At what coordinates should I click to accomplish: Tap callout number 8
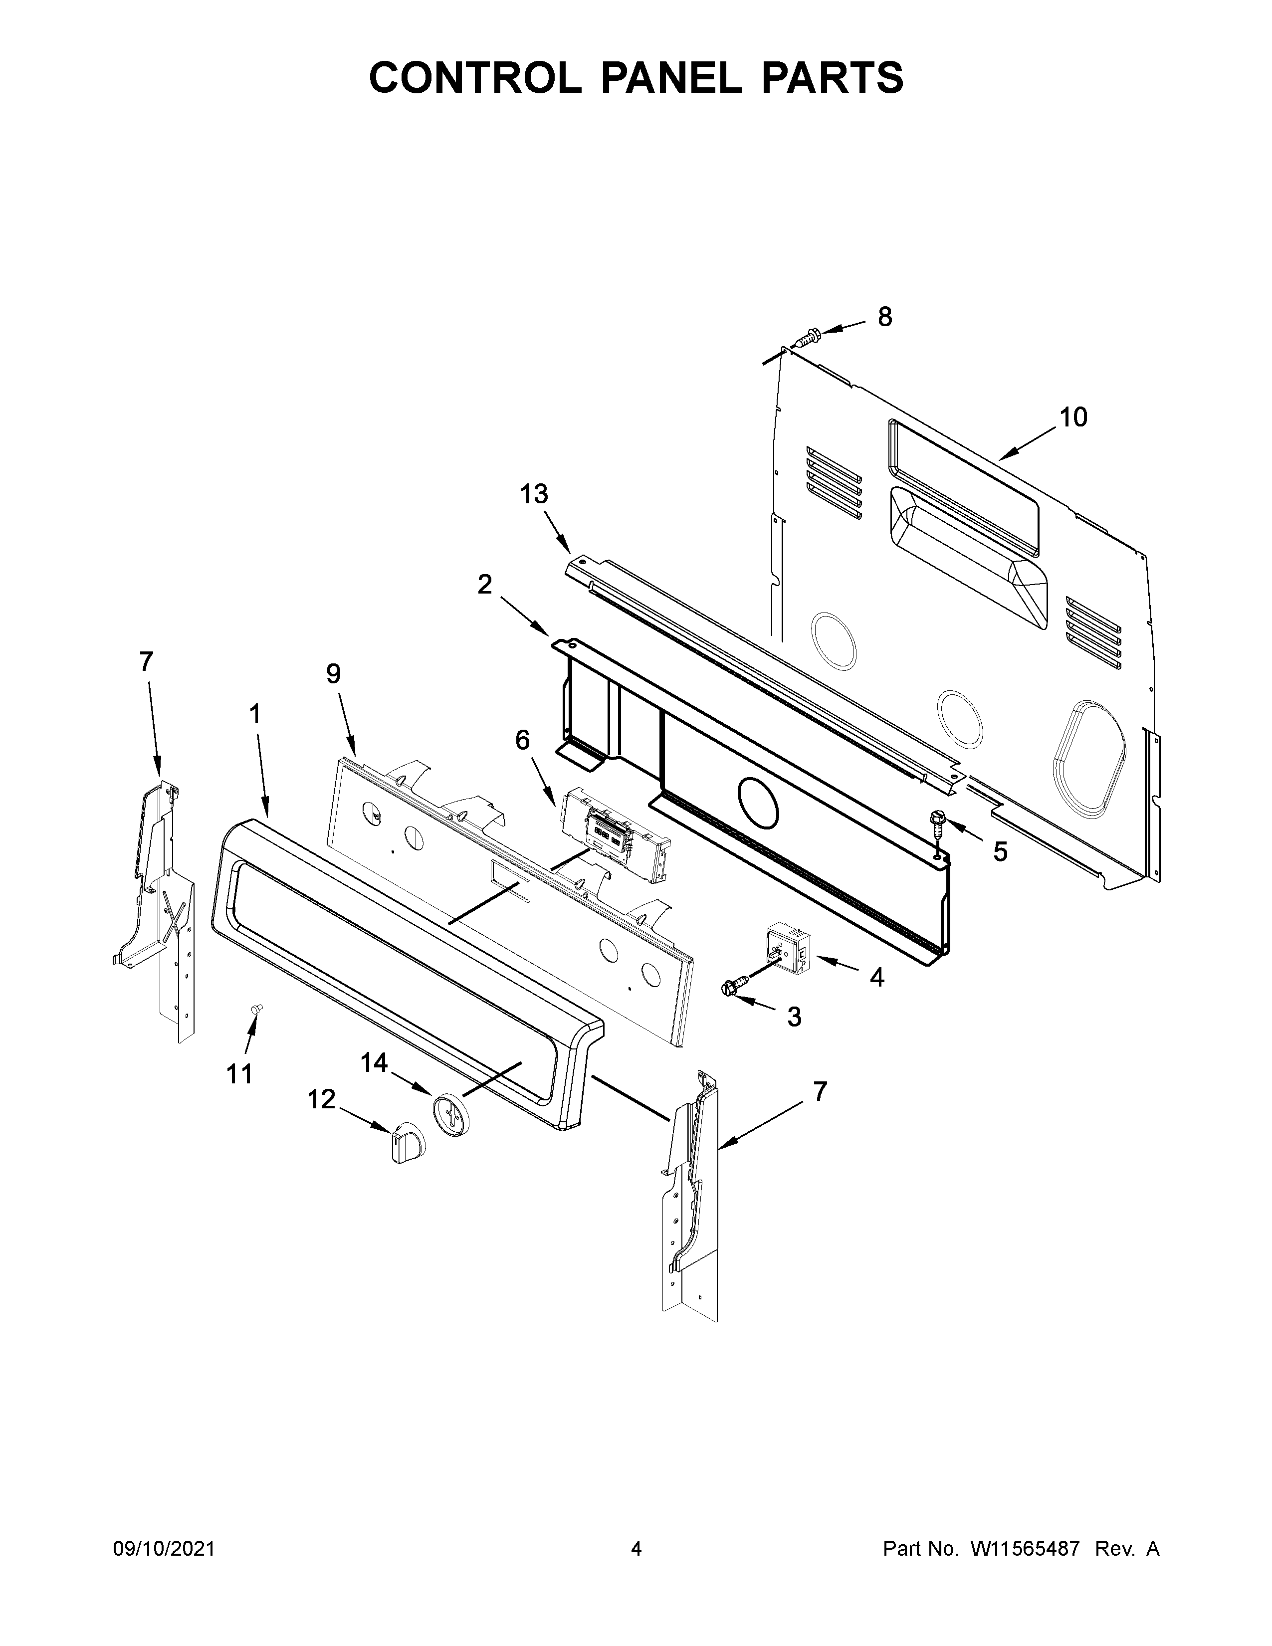(885, 317)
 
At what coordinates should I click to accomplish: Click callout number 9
(333, 673)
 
